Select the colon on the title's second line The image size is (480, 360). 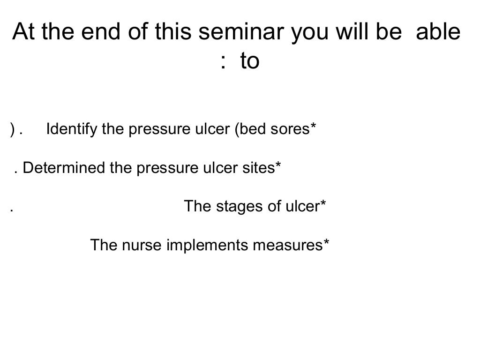point(223,62)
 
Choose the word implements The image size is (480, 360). point(207,245)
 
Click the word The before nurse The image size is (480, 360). point(104,245)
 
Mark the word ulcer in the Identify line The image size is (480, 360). point(211,129)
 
